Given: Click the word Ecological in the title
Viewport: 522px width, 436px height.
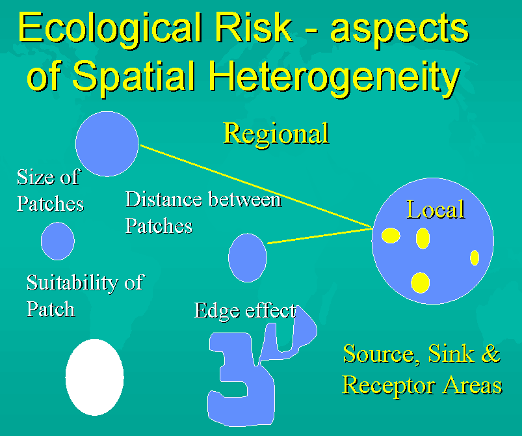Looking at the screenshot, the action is (x=111, y=29).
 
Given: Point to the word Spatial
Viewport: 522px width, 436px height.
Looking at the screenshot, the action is (x=133, y=77).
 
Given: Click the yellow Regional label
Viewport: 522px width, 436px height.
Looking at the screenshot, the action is (x=276, y=133).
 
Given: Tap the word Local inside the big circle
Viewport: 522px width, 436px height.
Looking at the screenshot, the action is (x=436, y=210).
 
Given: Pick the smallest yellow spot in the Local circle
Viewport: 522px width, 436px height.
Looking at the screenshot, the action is (x=475, y=257).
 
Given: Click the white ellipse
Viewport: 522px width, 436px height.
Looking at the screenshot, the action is (x=94, y=377).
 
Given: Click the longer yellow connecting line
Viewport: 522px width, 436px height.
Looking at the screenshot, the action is (x=256, y=187).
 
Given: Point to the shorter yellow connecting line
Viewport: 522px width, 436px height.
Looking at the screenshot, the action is (x=320, y=236).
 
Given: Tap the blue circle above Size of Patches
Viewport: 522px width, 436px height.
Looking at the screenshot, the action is (x=107, y=144).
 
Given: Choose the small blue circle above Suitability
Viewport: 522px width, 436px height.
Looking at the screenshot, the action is (x=58, y=241).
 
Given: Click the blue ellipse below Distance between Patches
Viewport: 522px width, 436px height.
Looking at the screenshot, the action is (x=248, y=258).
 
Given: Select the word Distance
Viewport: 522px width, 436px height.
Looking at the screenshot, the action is (x=164, y=199).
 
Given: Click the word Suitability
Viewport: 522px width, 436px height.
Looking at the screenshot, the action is (x=73, y=282).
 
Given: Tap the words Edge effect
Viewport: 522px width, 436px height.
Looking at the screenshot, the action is (x=245, y=310).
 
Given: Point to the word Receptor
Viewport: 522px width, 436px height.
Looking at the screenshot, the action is (x=388, y=386).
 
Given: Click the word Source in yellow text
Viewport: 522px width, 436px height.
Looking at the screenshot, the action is (x=379, y=354).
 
